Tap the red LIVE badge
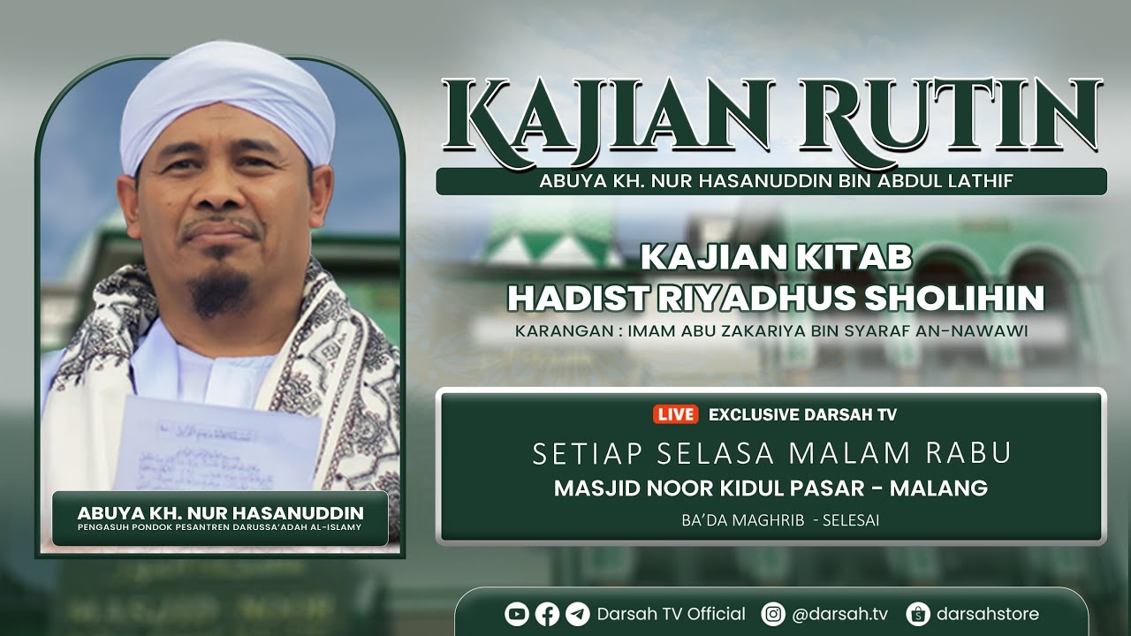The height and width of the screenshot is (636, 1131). pos(676,414)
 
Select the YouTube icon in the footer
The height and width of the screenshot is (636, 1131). pos(516,614)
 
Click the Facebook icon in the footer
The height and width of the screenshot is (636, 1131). pos(547,614)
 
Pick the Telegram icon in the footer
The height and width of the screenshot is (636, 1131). pos(578,614)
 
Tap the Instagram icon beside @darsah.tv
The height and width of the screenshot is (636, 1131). pos(773,614)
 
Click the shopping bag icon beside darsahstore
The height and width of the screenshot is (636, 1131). pos(918,614)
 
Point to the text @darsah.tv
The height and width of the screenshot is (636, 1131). pos(840,614)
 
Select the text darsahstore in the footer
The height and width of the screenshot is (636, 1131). pos(988,614)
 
